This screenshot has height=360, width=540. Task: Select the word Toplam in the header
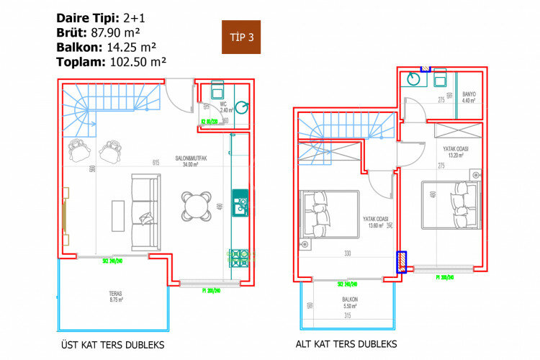coord(80,62)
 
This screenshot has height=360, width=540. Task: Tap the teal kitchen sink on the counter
coord(240,197)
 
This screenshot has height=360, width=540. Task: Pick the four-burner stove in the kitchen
coord(239,258)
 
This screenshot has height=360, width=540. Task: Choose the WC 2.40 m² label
coord(224,107)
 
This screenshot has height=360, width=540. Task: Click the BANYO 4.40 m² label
coord(469,96)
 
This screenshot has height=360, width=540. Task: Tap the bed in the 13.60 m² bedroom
coord(330,214)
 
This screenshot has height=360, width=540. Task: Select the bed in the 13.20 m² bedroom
coord(451,205)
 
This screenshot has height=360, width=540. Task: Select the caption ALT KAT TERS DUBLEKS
coord(346,345)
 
